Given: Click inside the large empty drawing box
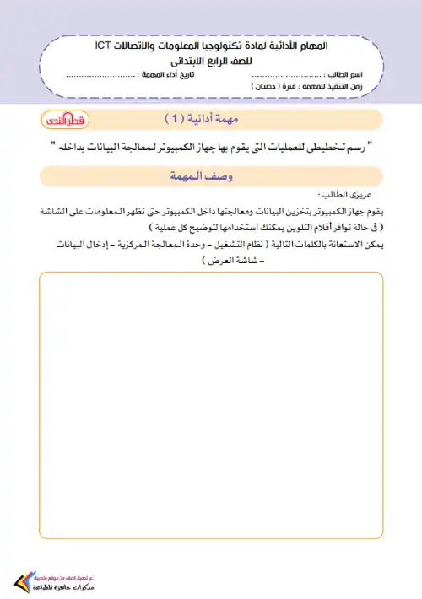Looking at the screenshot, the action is (x=211, y=405).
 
